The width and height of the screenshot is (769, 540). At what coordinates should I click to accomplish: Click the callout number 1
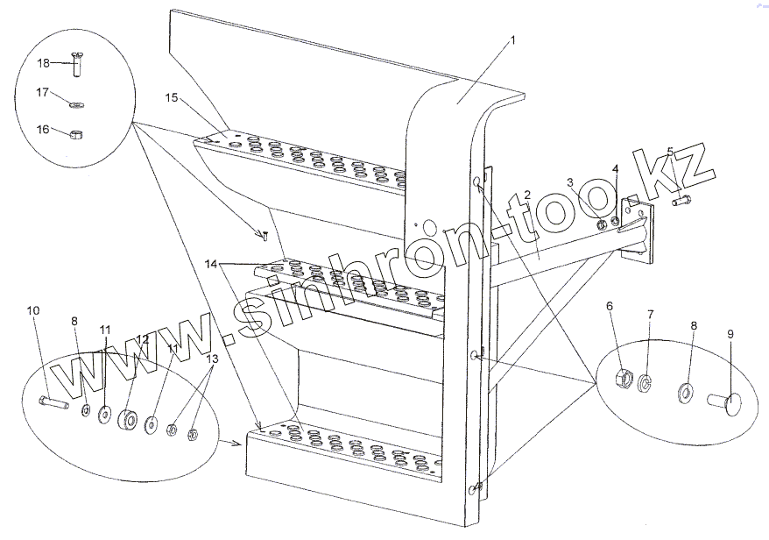512,39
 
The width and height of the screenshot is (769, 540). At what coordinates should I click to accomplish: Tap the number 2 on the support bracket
527,195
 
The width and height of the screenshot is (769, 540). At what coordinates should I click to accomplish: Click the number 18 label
41,62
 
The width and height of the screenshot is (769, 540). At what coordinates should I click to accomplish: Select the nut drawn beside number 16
75,134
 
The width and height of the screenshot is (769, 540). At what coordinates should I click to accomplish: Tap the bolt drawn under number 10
53,404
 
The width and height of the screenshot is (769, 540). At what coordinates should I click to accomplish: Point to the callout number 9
730,334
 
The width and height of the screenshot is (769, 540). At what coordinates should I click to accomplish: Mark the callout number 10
32,310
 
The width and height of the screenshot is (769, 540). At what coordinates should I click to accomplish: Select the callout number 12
142,337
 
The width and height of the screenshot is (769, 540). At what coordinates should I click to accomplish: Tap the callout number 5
670,151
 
